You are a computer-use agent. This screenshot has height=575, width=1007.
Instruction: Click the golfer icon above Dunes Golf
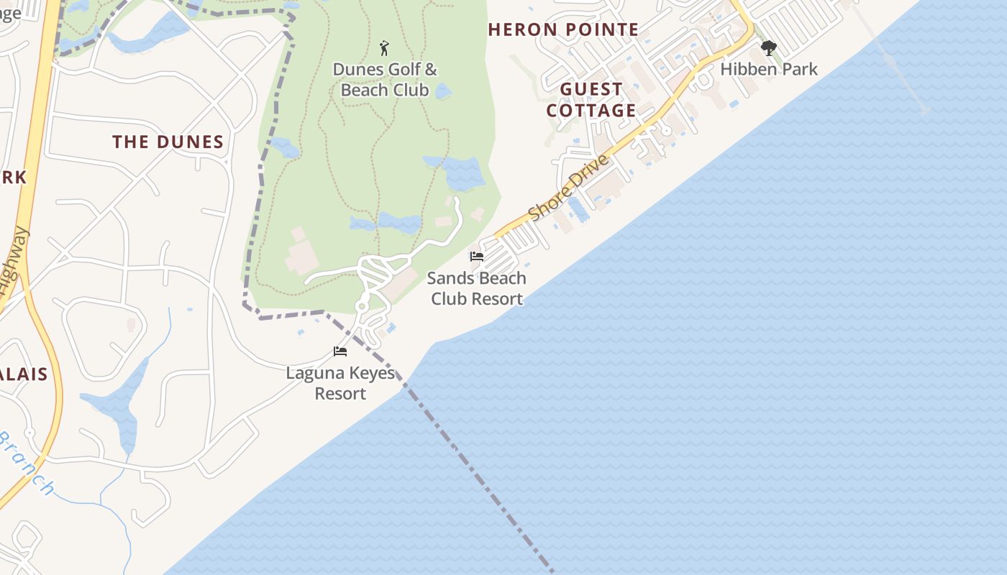[385, 48]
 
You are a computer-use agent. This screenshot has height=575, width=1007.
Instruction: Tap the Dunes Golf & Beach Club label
[385, 80]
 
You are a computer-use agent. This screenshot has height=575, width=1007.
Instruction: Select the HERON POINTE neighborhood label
[563, 29]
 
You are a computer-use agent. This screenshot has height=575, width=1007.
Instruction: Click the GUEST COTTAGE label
[591, 100]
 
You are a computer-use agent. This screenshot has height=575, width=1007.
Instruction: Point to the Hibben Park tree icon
[769, 49]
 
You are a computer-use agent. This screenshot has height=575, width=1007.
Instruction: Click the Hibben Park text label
[769, 70]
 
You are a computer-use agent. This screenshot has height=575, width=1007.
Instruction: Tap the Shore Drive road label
[568, 188]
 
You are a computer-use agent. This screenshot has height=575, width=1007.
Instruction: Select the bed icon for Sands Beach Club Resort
[476, 257]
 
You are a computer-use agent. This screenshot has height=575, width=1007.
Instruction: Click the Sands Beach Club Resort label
[477, 288]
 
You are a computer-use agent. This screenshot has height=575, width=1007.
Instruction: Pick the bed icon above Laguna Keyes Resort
[340, 351]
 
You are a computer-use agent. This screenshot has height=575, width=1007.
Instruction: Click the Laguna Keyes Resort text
[340, 383]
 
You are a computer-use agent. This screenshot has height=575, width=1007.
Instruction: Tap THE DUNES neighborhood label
[168, 142]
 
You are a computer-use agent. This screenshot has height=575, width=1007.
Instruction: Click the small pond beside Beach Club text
[443, 91]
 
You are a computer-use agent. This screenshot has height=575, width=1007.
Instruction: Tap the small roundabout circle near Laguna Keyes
[362, 307]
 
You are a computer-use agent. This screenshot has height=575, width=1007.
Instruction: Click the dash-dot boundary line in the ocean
[489, 489]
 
